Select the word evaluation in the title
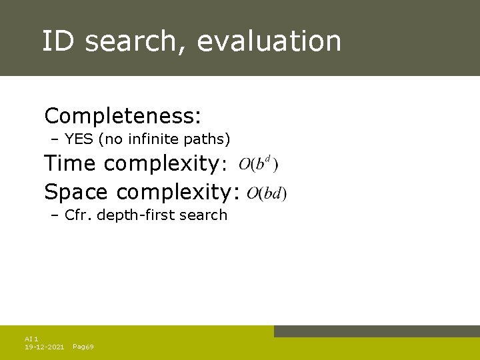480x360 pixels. (269, 41)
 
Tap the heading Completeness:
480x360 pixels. (123, 116)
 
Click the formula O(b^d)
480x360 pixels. (259, 164)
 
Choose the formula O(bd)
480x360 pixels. (266, 193)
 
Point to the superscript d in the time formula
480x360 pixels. (267, 159)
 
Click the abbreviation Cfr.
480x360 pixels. (79, 215)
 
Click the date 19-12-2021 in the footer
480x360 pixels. (44, 347)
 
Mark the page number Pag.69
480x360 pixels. (83, 347)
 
